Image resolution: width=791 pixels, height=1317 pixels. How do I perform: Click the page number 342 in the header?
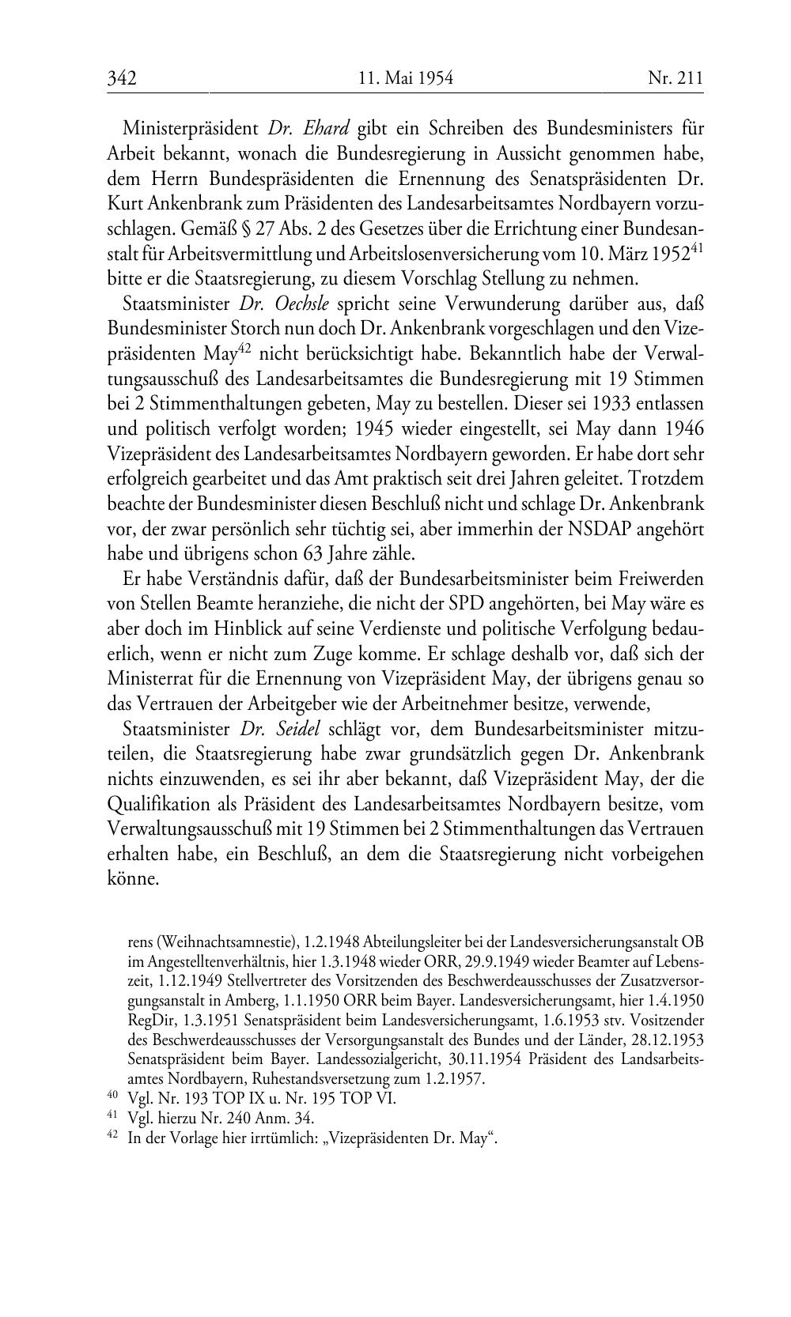123,78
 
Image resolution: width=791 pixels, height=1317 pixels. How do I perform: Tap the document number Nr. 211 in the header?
675,78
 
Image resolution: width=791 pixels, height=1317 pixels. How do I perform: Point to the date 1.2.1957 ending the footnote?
457,1078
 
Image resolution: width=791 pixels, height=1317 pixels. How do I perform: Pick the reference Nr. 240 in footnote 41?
248,1118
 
